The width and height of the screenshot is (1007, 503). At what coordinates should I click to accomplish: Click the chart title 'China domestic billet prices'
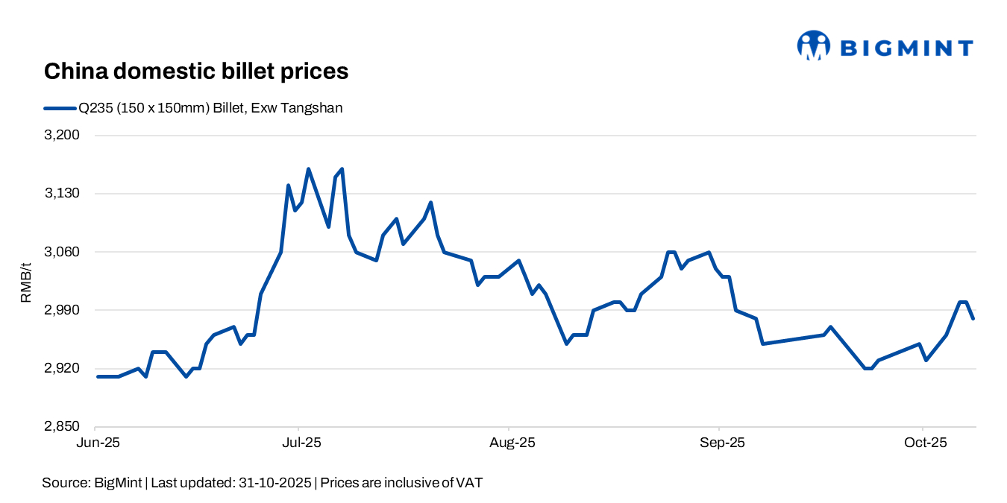tap(196, 72)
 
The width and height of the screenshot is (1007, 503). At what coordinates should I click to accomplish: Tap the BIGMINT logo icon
tap(813, 45)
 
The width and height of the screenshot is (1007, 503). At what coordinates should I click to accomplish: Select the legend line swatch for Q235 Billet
tap(60, 108)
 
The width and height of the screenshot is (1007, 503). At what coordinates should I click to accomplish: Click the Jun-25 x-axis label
tap(96, 443)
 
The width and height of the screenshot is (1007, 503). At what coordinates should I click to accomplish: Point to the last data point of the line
tap(973, 319)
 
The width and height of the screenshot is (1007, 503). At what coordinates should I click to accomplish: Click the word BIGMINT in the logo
tap(906, 48)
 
